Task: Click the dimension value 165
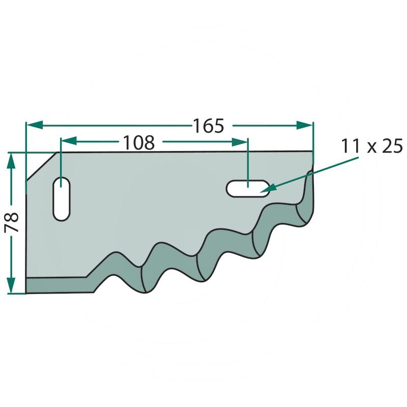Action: (208, 125)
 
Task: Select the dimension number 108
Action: (138, 143)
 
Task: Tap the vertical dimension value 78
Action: (12, 222)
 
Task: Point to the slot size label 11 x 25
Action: (372, 147)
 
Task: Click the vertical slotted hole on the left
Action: (62, 199)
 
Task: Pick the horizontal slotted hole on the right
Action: (248, 188)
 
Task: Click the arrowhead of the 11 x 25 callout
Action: (268, 189)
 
